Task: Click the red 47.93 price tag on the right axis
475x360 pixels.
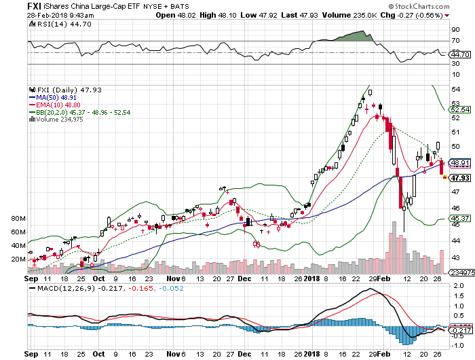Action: (461, 178)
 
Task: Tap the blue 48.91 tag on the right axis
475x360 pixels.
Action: (461, 163)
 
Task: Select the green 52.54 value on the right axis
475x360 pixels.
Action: (461, 109)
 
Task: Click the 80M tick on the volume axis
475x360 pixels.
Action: (18, 219)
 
